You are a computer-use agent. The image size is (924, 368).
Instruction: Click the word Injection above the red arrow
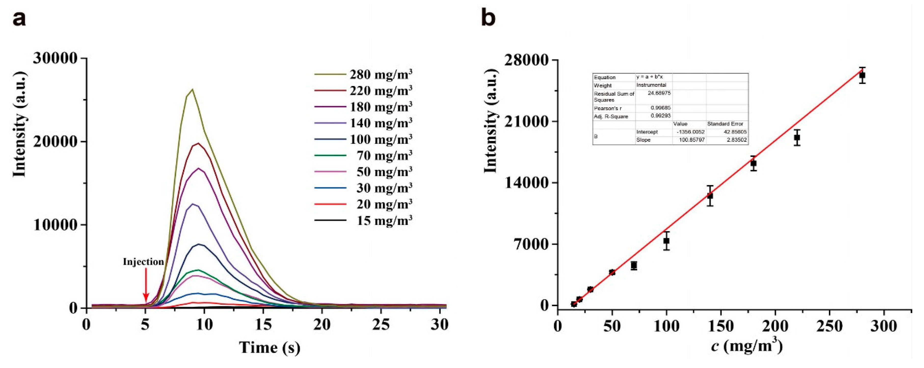[143, 262]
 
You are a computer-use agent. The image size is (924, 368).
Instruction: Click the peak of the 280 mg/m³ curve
[192, 90]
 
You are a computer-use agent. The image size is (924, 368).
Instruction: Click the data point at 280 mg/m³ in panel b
[862, 75]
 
